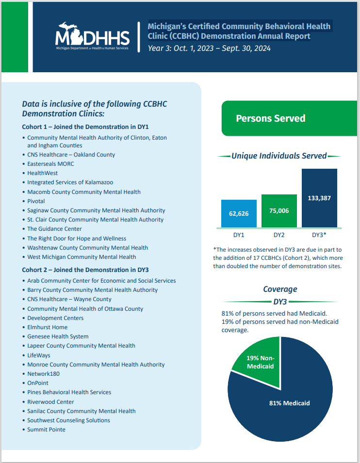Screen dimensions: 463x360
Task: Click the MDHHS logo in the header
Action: point(92,36)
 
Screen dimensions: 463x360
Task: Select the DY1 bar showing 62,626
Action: point(239,213)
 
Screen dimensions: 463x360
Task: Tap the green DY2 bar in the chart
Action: point(279,211)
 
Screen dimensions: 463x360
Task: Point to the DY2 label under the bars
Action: point(278,235)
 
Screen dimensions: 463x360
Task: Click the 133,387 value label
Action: point(319,198)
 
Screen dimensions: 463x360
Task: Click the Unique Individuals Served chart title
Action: point(279,156)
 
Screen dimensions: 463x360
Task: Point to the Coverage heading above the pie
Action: point(280,289)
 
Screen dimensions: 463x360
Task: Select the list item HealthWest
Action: point(43,173)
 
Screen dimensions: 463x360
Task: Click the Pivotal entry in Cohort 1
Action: point(36,201)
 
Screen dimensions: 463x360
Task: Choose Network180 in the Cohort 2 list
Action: point(44,374)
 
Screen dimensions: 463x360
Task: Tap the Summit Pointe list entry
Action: point(46,430)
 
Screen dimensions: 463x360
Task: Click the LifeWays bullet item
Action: point(39,355)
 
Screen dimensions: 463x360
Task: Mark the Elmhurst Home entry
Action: point(47,327)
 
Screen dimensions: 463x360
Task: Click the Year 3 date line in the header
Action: point(209,48)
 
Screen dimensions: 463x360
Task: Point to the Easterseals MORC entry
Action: point(50,164)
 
